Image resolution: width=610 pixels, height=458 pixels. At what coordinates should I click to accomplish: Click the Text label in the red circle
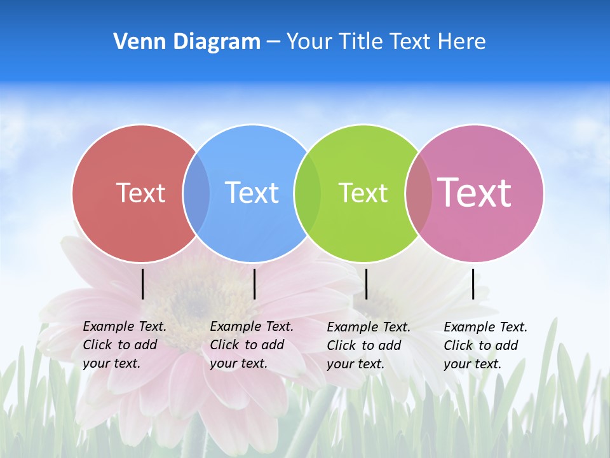(140, 193)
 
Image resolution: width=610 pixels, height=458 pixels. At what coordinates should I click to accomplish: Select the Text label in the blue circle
(252, 193)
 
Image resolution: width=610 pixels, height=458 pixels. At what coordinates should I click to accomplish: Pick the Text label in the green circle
(363, 193)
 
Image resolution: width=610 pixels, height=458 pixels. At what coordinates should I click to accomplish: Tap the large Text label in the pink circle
(474, 192)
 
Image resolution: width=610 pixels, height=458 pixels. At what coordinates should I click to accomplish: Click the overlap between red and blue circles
(196, 193)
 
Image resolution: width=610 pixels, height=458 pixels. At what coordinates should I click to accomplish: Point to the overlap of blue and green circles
(308, 193)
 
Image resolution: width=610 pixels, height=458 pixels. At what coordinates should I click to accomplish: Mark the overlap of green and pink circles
(418, 193)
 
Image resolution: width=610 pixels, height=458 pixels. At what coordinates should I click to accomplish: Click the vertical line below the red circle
(143, 284)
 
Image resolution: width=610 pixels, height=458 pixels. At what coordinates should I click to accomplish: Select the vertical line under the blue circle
(254, 284)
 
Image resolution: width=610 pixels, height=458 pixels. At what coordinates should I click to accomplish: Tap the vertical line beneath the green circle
(366, 284)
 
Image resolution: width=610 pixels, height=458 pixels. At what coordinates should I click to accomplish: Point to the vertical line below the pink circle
(473, 284)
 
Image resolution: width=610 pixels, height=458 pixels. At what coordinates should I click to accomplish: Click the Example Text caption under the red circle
(124, 345)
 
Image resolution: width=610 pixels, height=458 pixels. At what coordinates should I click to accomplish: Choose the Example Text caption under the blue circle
(251, 345)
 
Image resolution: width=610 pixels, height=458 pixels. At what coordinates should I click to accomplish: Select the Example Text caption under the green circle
(368, 345)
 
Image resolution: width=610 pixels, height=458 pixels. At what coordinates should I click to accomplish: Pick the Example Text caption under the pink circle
(485, 345)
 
